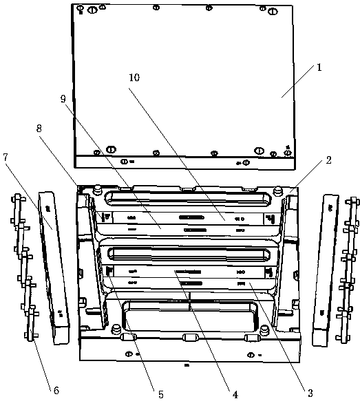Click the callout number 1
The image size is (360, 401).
pos(319,67)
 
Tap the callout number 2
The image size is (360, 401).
pos(328,160)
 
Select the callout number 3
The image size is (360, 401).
pos(310,393)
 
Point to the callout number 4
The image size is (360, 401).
pos(235,394)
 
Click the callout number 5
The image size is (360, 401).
pos(161,394)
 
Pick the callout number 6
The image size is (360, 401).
pos(56,390)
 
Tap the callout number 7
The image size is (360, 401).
pos(6,158)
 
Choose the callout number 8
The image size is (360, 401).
pos(39,129)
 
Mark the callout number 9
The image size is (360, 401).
pos(63,99)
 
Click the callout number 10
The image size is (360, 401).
pos(134,78)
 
